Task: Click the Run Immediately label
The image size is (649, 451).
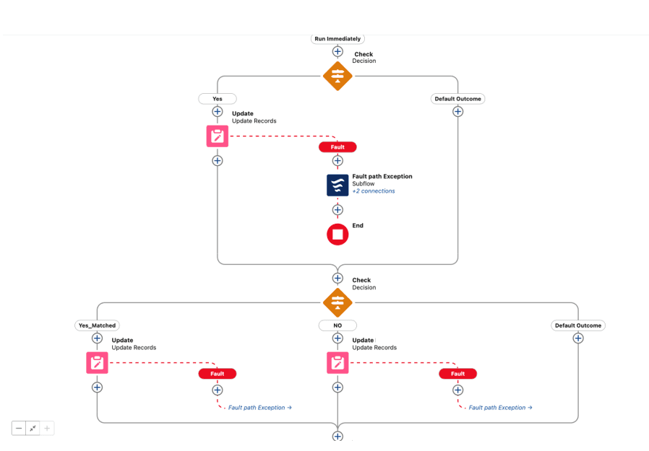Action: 338,39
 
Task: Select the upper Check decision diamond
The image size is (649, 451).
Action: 338,76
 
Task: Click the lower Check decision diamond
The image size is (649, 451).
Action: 338,302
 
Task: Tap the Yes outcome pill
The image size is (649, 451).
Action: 218,99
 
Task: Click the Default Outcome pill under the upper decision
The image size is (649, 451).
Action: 457,99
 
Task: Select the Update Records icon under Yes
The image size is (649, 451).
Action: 218,136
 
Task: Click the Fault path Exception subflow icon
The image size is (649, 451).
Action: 338,185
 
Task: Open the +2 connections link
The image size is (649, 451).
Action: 374,191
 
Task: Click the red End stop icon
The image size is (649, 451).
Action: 338,235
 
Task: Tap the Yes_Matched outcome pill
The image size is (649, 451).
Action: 98,325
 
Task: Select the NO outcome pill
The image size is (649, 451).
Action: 338,325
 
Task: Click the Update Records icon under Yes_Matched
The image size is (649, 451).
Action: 98,362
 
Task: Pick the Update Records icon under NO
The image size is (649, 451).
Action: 338,362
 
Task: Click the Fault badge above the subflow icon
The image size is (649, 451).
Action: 338,147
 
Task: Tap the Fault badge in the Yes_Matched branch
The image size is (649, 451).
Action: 218,374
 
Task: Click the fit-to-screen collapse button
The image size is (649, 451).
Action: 33,428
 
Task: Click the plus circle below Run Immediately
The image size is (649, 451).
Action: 338,52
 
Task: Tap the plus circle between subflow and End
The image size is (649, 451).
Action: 338,210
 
